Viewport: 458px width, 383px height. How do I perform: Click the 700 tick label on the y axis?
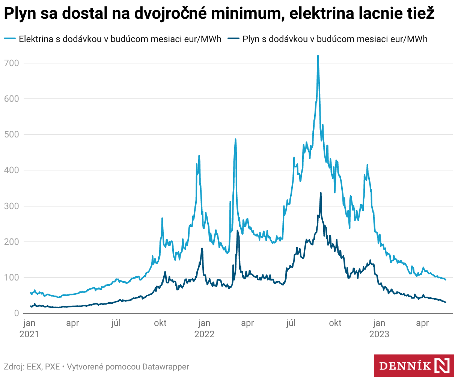coord(11,63)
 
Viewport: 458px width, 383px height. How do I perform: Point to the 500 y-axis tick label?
coord(11,134)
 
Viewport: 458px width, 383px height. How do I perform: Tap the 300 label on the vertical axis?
coord(11,206)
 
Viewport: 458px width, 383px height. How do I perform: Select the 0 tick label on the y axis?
coord(16,313)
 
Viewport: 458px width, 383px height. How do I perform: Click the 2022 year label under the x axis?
coord(204,334)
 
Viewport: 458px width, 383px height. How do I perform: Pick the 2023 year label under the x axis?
coord(379,334)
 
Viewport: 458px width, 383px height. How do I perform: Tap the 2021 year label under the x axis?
coord(29,334)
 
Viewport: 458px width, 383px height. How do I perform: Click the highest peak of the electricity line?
coord(318,56)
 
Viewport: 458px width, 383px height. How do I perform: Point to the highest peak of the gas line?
coord(321,193)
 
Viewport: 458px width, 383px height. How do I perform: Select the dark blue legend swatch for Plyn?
coord(234,39)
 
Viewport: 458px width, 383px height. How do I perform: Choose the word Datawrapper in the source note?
coord(166,367)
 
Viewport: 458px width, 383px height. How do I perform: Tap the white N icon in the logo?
coord(442,366)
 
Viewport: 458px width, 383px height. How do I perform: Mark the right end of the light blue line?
coord(445,280)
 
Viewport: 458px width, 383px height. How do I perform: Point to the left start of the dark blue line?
coord(31,306)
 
